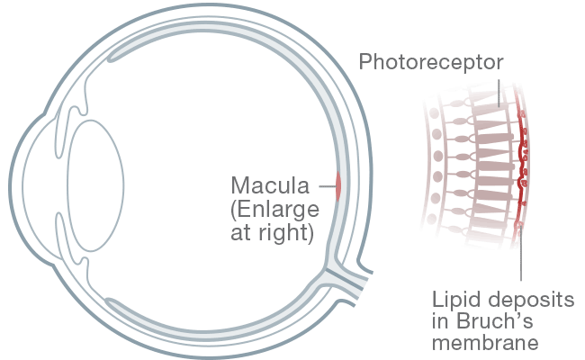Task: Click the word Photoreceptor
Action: point(431,62)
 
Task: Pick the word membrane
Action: point(486,343)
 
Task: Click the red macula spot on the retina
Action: point(338,187)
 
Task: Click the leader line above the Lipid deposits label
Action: point(521,261)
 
